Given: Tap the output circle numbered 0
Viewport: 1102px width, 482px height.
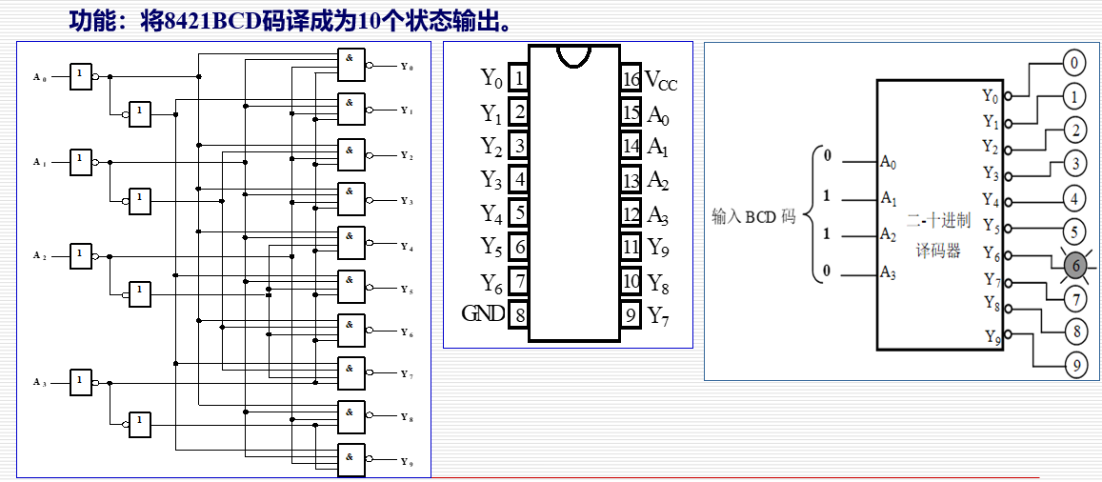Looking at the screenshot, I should point(1074,64).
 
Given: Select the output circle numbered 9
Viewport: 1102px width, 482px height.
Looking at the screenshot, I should point(1075,364).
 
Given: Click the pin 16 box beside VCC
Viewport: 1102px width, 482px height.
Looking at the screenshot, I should point(630,78).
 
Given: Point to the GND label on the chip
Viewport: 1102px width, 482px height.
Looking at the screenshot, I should point(483,313).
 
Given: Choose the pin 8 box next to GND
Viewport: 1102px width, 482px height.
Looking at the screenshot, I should point(519,313).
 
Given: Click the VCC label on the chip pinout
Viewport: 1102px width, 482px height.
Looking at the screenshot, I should point(661,80).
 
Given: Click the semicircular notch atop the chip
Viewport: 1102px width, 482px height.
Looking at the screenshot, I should point(574,55).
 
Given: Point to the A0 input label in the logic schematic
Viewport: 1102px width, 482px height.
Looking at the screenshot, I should point(39,77).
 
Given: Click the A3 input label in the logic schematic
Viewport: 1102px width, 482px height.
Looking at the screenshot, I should point(39,382).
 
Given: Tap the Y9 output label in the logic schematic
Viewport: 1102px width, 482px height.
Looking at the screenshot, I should point(407,462).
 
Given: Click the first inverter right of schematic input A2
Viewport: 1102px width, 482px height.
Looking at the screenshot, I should point(82,254).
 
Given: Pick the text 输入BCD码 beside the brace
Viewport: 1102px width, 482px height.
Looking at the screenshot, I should point(753,216).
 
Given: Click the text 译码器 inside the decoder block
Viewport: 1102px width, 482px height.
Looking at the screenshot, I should point(937,251).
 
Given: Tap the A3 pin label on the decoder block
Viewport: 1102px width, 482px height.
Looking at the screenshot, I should point(888,273).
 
